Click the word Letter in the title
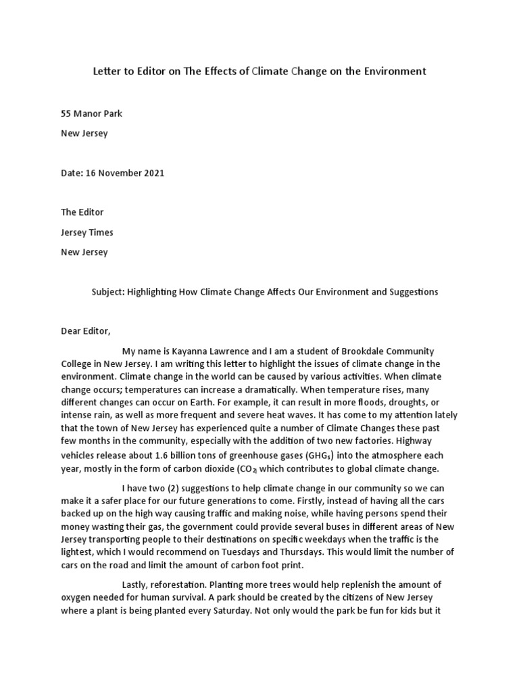click(x=105, y=71)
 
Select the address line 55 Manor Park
click(x=92, y=114)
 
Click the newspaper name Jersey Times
click(x=87, y=232)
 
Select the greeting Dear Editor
click(x=85, y=332)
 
